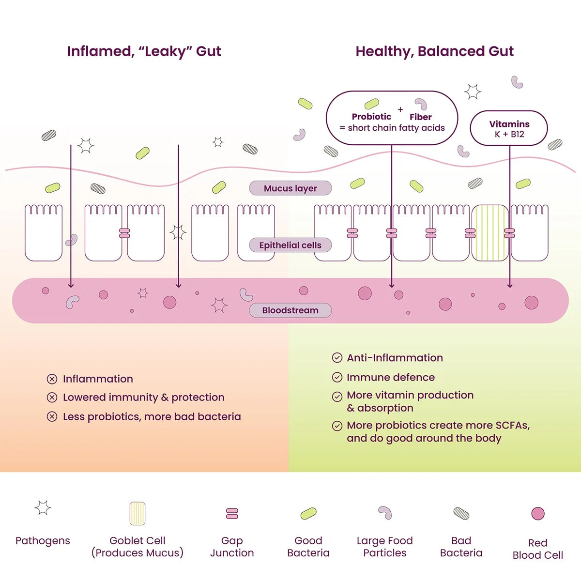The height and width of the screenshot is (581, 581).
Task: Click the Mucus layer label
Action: coord(290,188)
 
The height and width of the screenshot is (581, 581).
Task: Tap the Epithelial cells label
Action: coord(290,245)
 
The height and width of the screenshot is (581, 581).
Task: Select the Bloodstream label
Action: coord(290,310)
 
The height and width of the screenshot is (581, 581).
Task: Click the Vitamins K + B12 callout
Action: coord(509,128)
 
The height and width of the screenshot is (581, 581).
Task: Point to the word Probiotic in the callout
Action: coord(371,117)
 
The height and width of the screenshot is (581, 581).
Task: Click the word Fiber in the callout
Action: coord(420,117)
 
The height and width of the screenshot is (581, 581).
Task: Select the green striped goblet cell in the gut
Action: coord(490,233)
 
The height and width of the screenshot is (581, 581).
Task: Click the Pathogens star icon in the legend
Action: coord(43,508)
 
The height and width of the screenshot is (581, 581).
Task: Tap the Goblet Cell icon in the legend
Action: coord(138,514)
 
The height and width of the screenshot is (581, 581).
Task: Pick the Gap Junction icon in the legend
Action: coord(232,514)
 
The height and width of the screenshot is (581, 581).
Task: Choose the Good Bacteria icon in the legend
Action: coord(308,513)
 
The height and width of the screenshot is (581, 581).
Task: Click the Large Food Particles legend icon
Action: coord(385,512)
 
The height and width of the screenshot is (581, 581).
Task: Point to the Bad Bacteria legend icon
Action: coord(461,513)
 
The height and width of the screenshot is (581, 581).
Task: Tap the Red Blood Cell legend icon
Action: coord(538,514)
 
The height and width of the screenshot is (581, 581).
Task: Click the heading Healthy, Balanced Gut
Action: coord(434,51)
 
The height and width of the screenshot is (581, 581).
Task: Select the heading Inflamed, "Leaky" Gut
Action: coord(144,51)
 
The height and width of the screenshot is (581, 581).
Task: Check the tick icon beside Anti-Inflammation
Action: coord(337,358)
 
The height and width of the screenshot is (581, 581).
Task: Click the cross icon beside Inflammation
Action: coord(52,379)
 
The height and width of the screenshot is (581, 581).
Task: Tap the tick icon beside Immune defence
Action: coord(337,377)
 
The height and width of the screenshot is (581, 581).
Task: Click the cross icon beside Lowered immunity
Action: coord(52,398)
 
